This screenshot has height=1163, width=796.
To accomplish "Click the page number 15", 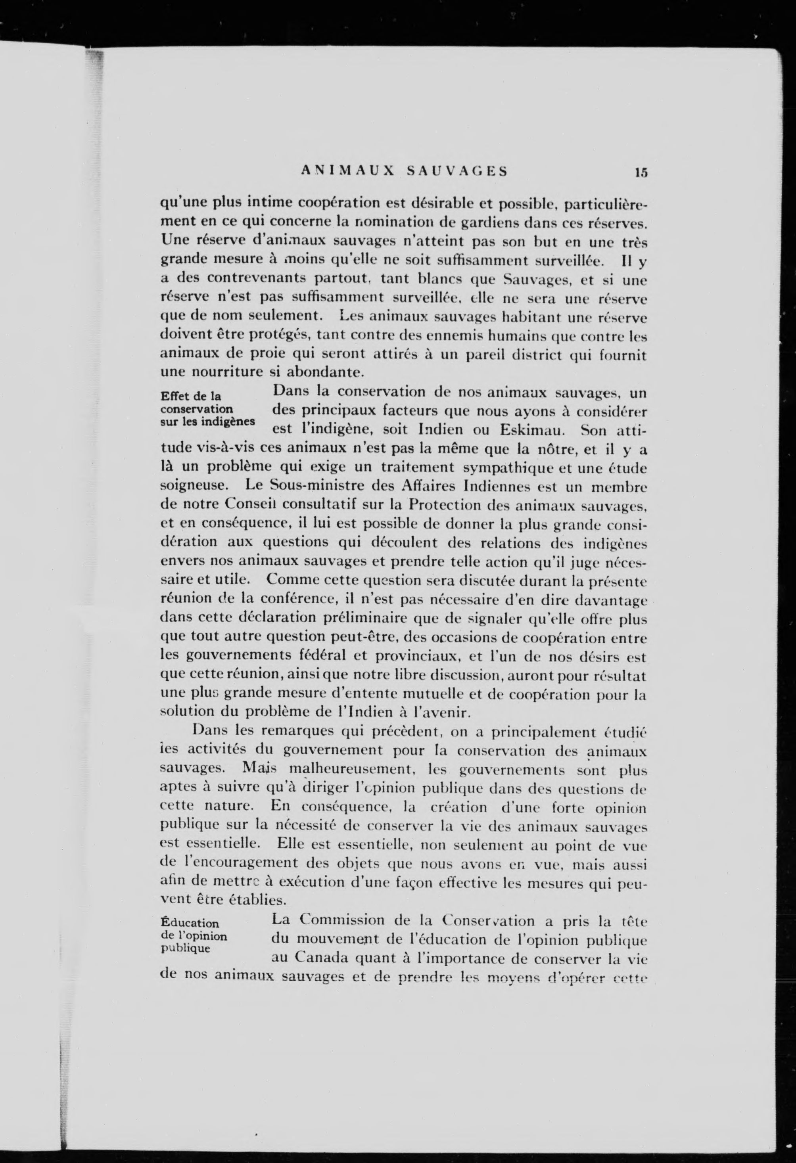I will click(x=641, y=172).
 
